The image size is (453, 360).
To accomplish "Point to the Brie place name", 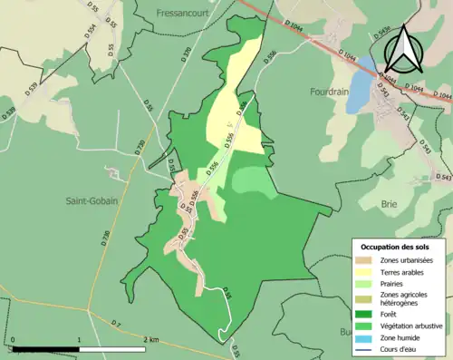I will point(390,205).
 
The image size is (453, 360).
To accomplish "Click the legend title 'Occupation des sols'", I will point(396,247).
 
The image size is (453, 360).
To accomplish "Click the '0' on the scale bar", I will point(13,339).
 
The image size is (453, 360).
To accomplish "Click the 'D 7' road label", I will point(116,324).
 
